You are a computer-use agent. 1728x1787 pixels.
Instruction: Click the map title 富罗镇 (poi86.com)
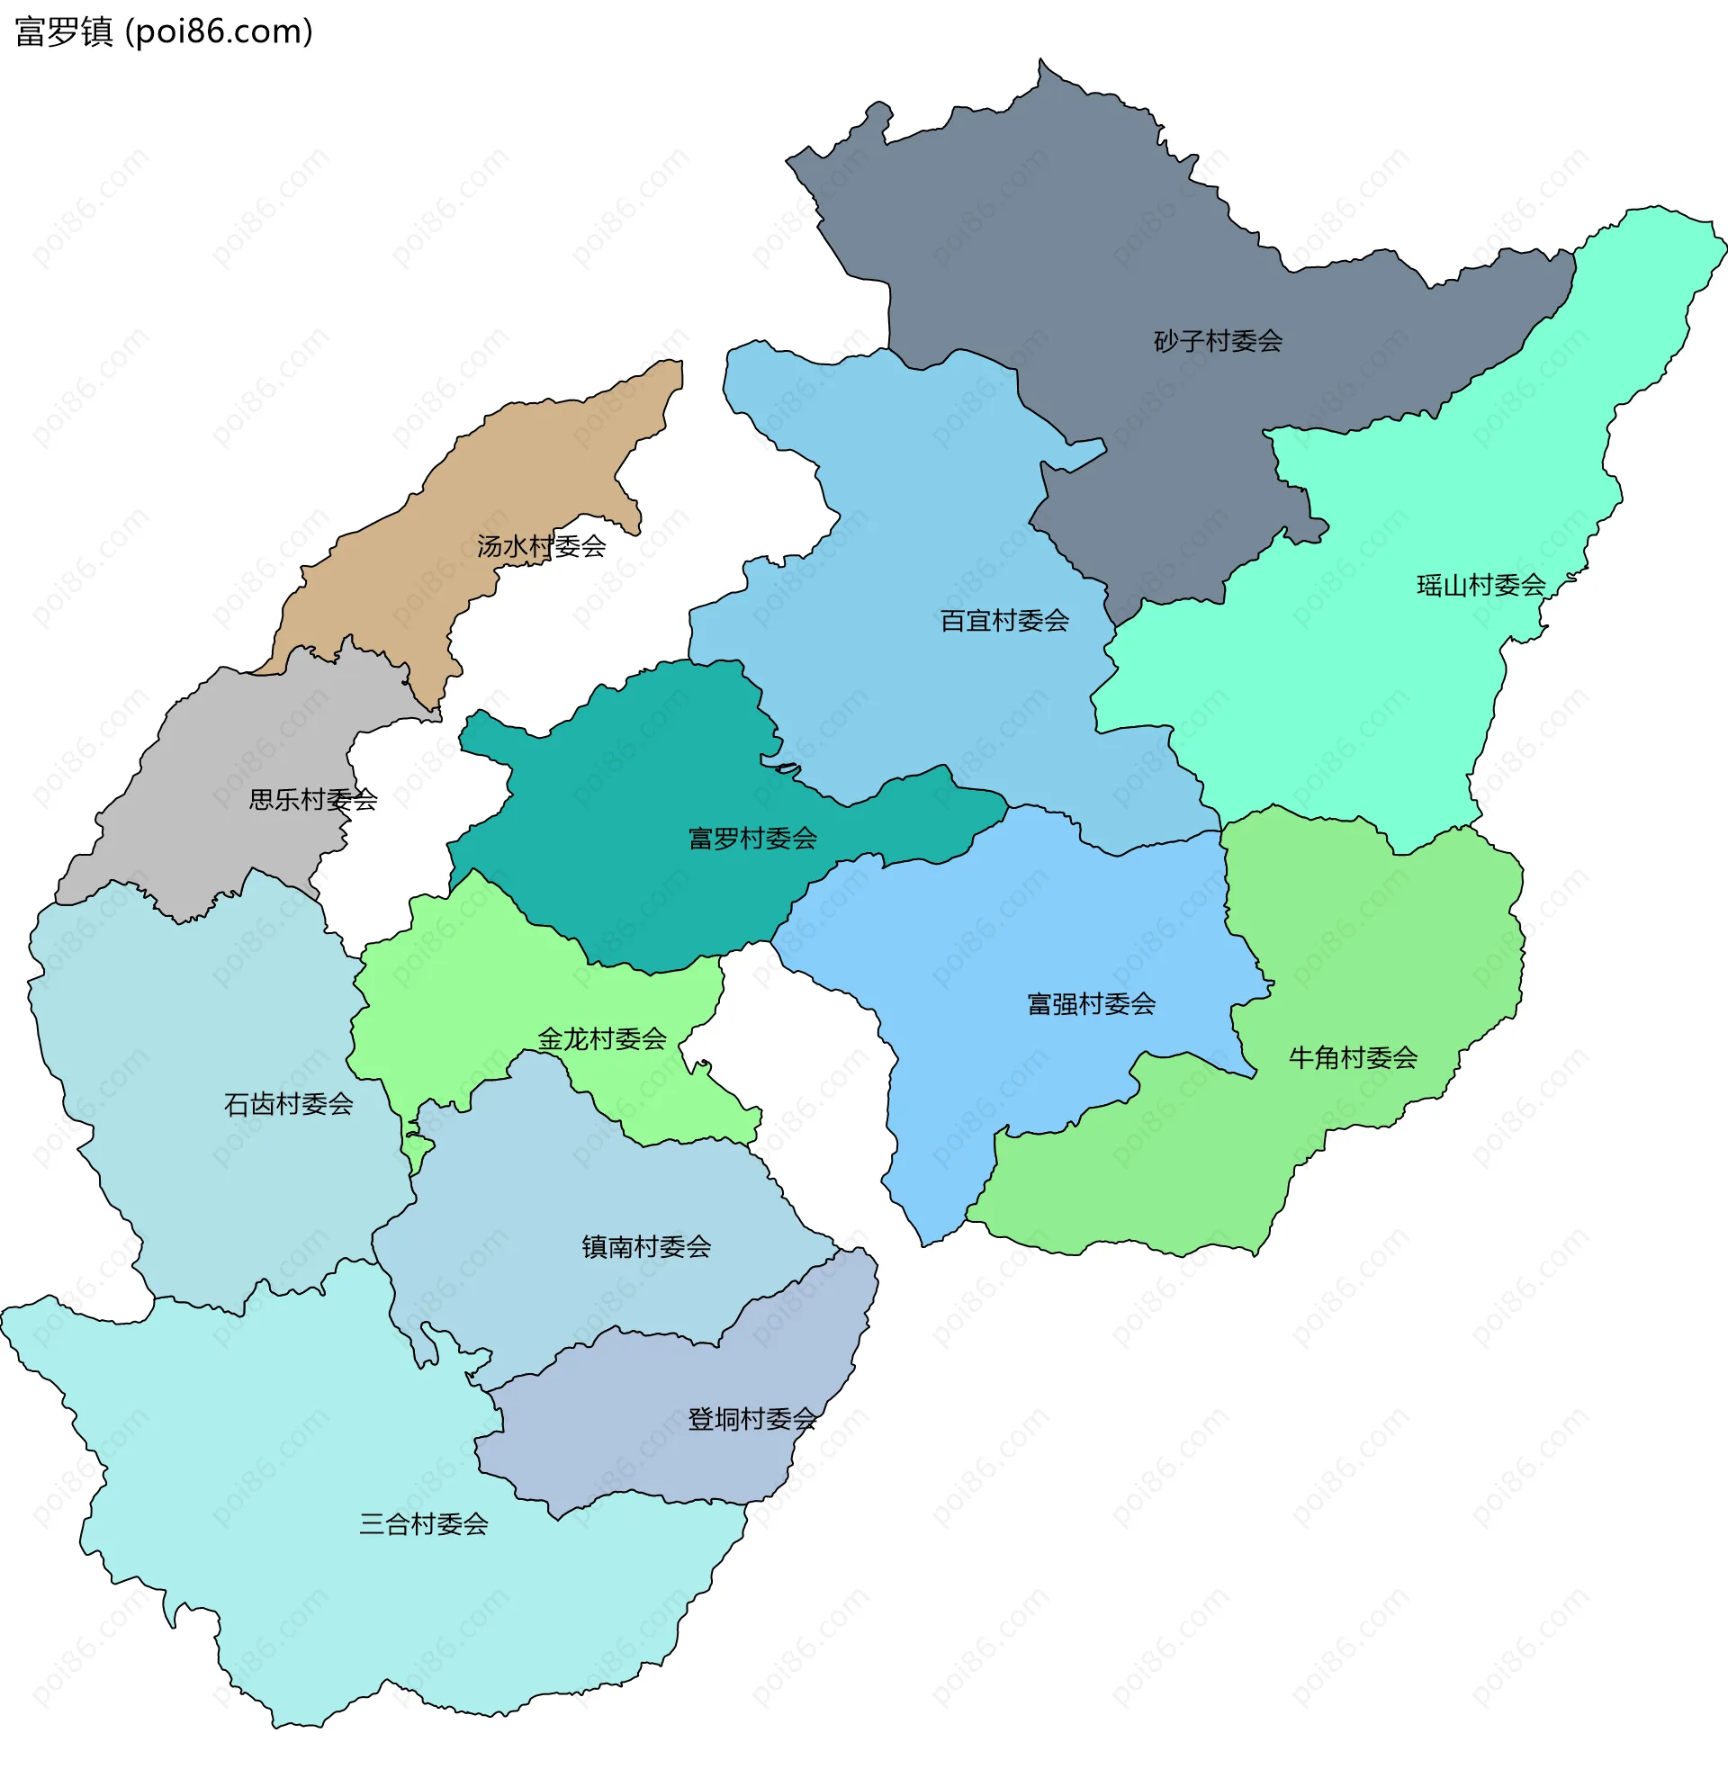164,31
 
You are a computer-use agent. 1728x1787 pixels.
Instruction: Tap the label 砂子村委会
1218,341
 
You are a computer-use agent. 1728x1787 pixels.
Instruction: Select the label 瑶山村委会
1480,586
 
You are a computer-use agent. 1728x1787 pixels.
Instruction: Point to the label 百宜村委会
1004,621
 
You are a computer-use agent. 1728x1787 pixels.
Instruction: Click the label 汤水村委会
541,546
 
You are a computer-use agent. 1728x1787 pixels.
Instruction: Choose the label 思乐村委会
313,800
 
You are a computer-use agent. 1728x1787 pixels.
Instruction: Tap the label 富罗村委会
752,839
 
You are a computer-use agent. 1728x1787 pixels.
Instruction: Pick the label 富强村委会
1091,1004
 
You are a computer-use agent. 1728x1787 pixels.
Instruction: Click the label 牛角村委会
1353,1057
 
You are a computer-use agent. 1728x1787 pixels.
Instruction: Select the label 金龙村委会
602,1038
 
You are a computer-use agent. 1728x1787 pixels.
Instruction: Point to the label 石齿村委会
288,1104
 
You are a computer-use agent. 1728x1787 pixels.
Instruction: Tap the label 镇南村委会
645,1246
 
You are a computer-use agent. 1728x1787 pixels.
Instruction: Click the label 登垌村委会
751,1419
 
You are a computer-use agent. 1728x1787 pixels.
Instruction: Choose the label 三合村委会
423,1523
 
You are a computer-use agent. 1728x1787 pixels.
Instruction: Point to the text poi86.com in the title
219,31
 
